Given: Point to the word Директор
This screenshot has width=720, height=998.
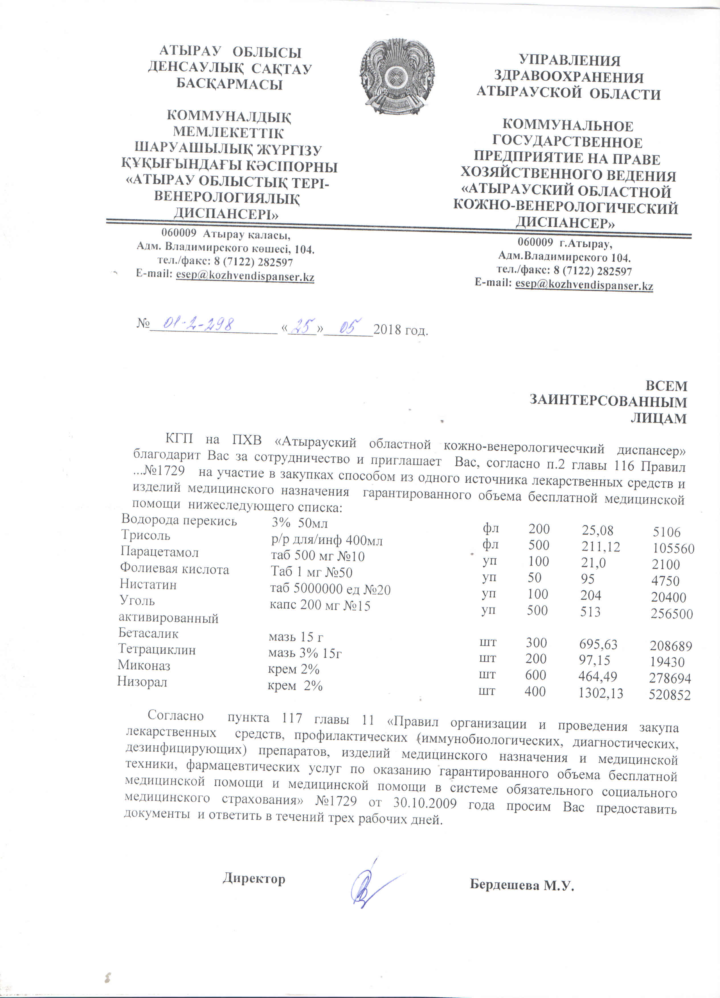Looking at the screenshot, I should [254, 879].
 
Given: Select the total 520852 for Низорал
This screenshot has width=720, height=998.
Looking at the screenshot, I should [669, 695].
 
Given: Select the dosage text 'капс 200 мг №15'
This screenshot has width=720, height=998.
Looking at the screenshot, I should [320, 606].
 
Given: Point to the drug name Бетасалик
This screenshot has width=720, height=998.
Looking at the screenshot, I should [148, 633].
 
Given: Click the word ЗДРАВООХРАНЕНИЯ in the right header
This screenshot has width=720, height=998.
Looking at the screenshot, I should [568, 77].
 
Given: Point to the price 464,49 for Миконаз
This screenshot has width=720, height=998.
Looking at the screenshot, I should [598, 676].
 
